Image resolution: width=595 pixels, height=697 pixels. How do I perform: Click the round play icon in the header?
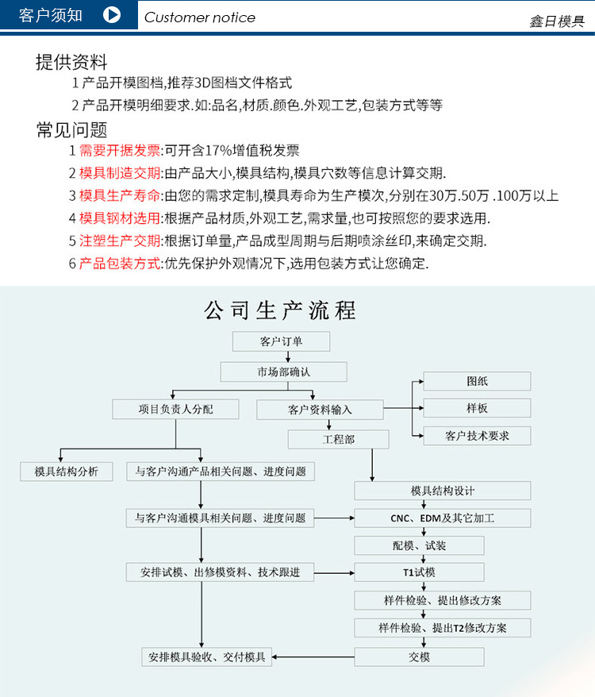pyautogui.click(x=112, y=16)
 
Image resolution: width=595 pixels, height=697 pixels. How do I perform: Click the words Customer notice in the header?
pyautogui.click(x=200, y=17)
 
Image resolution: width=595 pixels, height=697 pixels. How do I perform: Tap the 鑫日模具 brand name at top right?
pyautogui.click(x=557, y=21)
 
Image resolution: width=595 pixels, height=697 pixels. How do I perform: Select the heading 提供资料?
pyautogui.click(x=71, y=62)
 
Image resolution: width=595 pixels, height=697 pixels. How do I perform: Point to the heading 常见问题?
pyautogui.click(x=71, y=129)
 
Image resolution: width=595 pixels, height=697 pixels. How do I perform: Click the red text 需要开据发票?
pyautogui.click(x=120, y=151)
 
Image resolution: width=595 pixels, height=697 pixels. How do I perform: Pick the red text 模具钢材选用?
pyautogui.click(x=120, y=218)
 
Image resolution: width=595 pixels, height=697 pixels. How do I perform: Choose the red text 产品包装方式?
pyautogui.click(x=120, y=264)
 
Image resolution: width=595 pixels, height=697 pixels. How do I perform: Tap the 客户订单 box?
pyautogui.click(x=281, y=342)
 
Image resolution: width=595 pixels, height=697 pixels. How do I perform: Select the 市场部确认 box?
pyautogui.click(x=283, y=372)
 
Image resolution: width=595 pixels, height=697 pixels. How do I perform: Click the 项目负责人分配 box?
pyautogui.click(x=175, y=409)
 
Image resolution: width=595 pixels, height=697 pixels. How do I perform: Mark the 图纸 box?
pyautogui.click(x=477, y=381)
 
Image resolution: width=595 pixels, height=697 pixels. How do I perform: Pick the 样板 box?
pyautogui.click(x=477, y=408)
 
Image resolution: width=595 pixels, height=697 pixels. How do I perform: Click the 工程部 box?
pyautogui.click(x=338, y=439)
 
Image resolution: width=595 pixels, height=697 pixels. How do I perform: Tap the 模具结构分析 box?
pyautogui.click(x=67, y=472)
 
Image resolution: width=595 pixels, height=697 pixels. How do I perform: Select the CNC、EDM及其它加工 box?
pyautogui.click(x=442, y=518)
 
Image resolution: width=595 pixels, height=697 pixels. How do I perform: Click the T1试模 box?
pyautogui.click(x=419, y=572)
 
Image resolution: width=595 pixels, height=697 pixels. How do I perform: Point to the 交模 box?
pyautogui.click(x=419, y=657)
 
